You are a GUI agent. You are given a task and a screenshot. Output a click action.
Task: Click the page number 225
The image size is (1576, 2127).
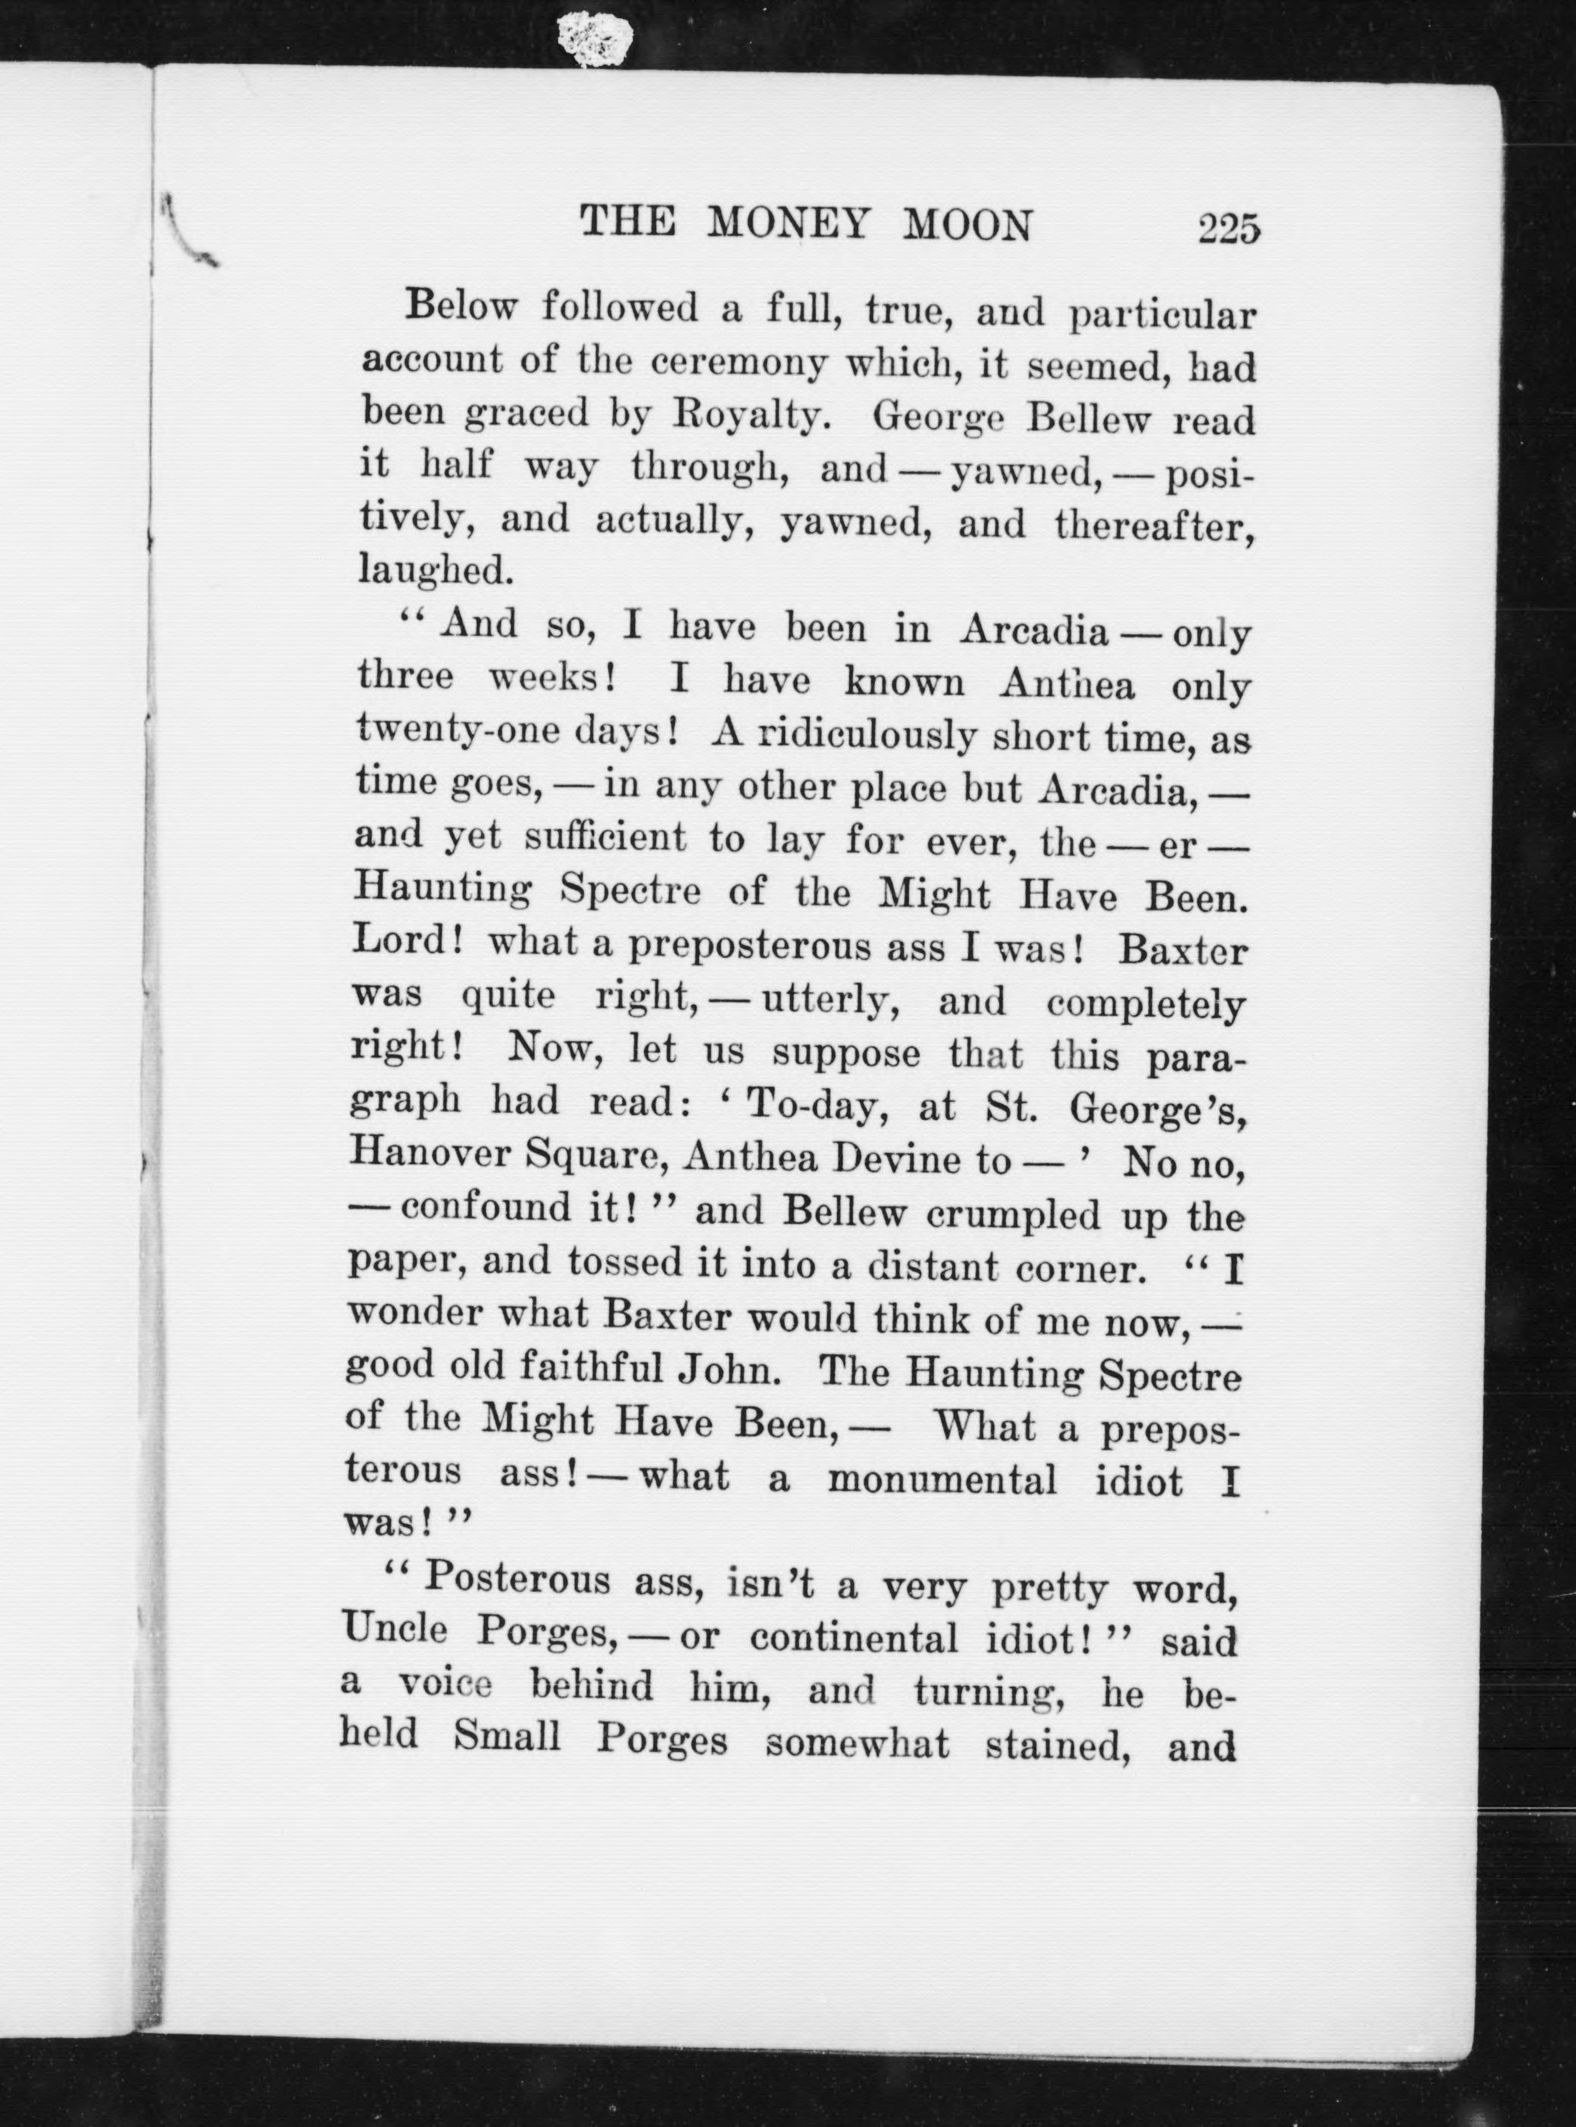(x=1230, y=231)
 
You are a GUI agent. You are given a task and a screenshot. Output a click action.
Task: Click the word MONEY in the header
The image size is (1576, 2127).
(x=789, y=224)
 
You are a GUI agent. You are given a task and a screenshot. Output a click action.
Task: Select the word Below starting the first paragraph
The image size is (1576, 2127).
(x=462, y=306)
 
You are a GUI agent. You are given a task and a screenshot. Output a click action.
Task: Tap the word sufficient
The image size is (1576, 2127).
(x=605, y=838)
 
